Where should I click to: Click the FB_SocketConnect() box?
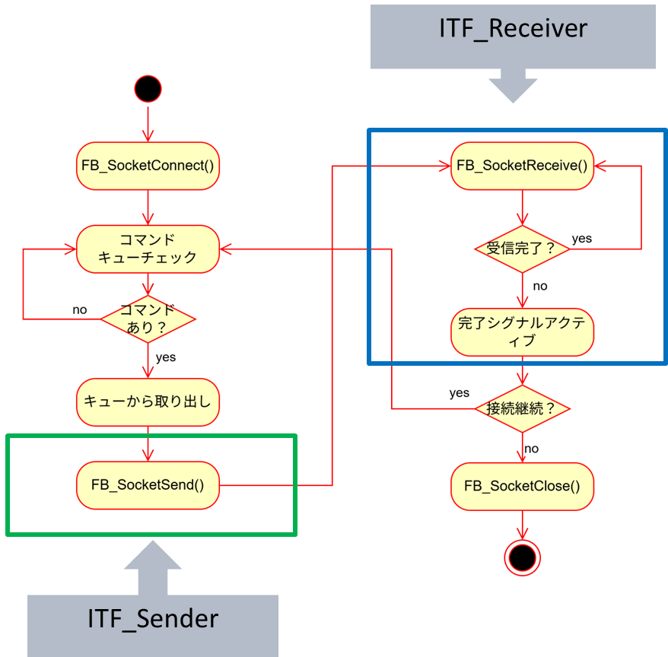[x=148, y=165]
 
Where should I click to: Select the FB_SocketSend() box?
[x=148, y=484]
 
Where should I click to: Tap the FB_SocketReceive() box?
[x=522, y=165]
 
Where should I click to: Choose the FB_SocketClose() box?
[x=522, y=484]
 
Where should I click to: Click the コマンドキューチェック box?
[x=148, y=249]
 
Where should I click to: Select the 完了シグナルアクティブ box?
[x=522, y=332]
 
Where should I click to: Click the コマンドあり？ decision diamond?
[x=148, y=319]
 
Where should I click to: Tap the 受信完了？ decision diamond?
[x=522, y=249]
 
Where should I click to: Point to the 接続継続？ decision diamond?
[x=522, y=408]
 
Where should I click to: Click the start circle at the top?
[x=148, y=89]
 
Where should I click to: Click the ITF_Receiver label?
[x=513, y=28]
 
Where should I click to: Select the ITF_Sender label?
[x=153, y=618]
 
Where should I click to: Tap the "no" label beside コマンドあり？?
[x=80, y=309]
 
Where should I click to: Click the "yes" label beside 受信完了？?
[x=581, y=239]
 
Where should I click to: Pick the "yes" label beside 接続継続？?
[x=459, y=393]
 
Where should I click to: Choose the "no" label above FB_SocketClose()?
[x=531, y=449]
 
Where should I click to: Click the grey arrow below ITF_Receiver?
[x=513, y=86]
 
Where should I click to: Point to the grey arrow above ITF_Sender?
[x=153, y=567]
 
